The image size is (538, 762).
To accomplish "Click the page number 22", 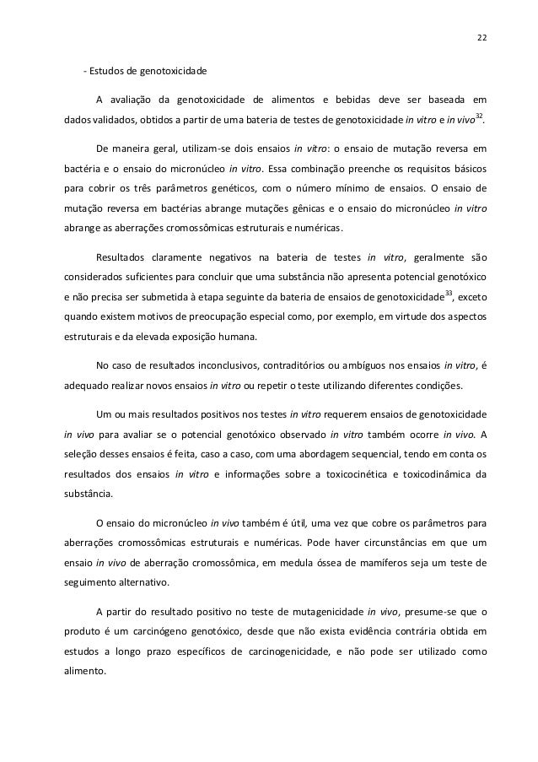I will tap(481, 37).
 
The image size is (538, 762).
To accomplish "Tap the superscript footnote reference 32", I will tap(479, 115).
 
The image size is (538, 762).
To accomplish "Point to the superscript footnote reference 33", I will tap(449, 293).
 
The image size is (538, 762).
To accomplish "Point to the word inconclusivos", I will tap(229, 365).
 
